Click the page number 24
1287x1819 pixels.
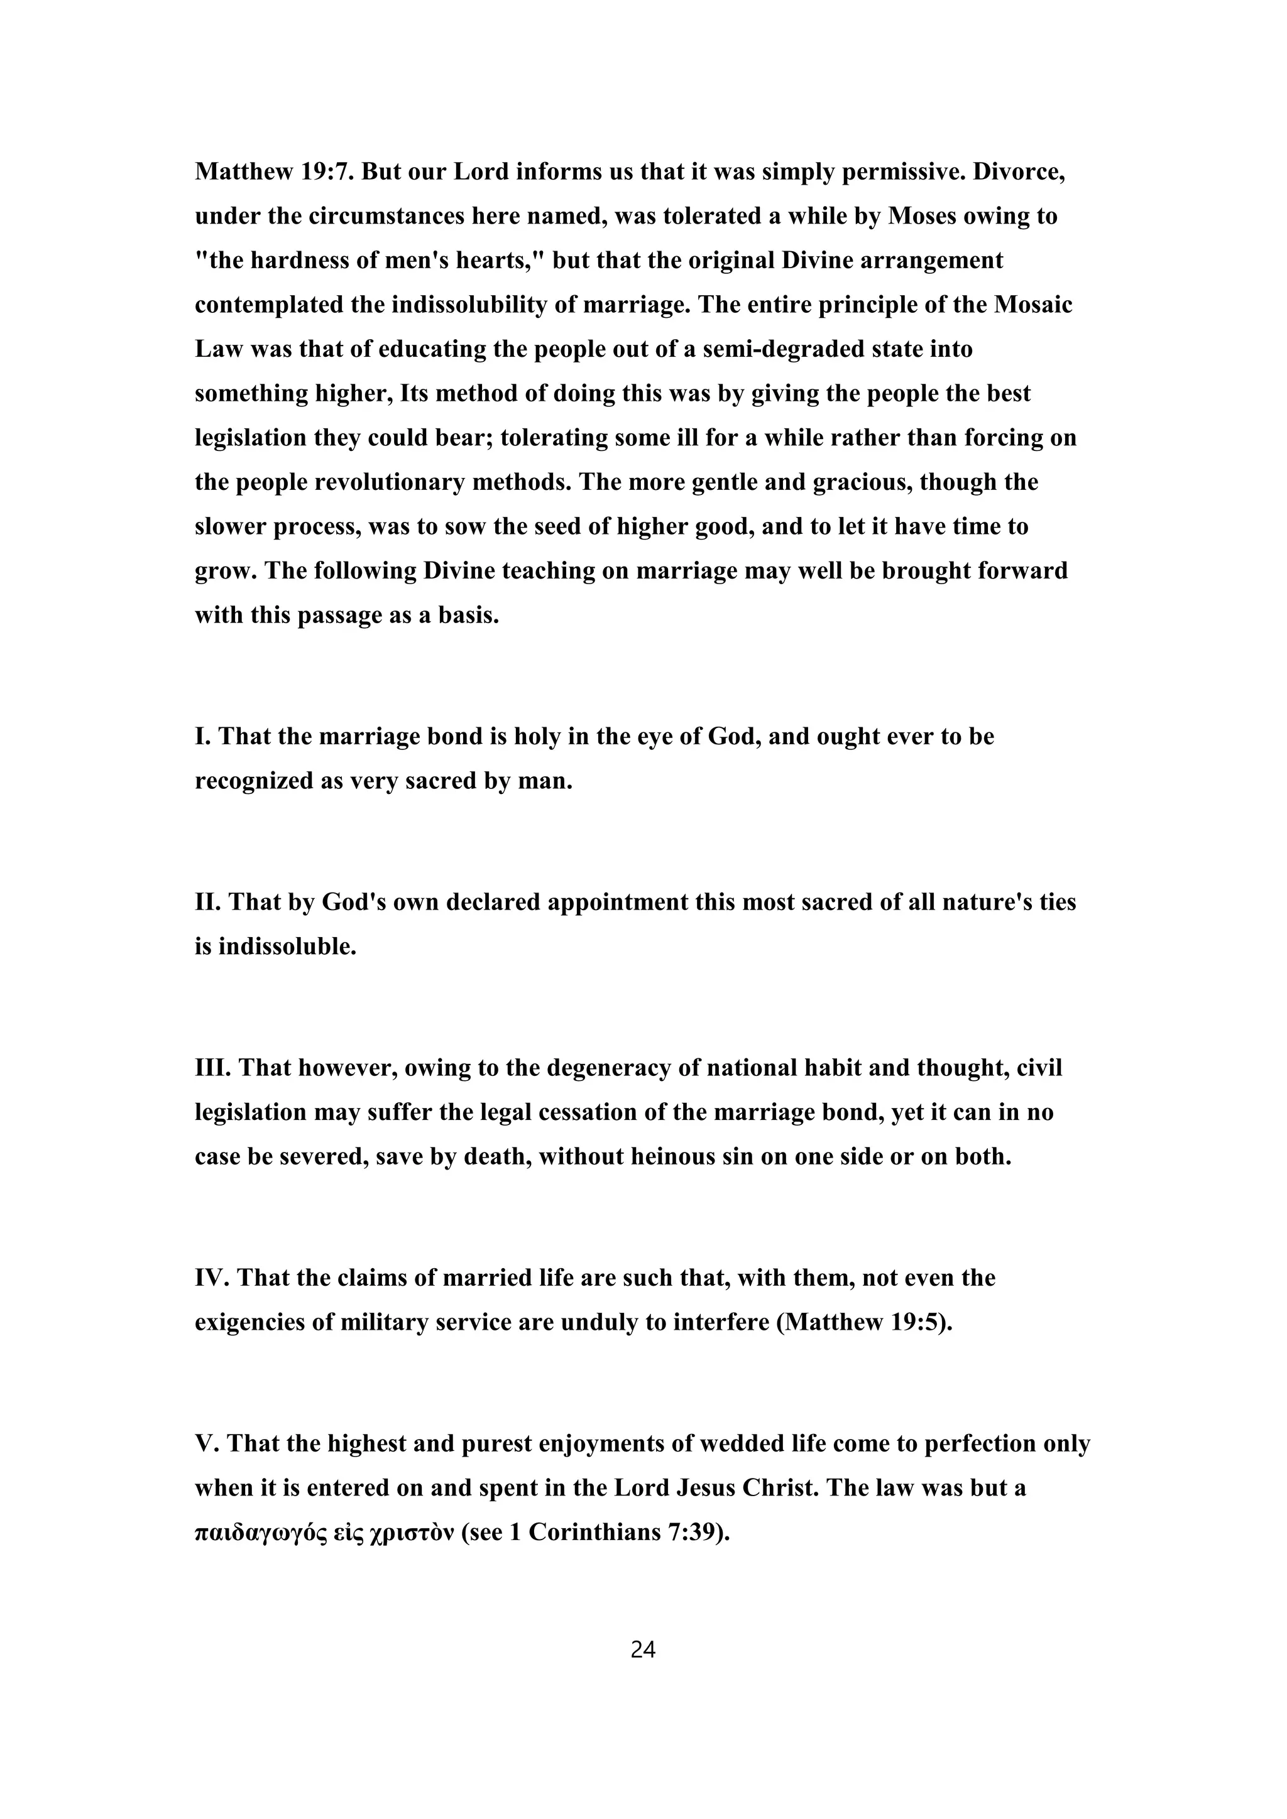[643, 1650]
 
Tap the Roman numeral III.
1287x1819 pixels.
[212, 1068]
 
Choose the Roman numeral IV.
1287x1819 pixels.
[212, 1278]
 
